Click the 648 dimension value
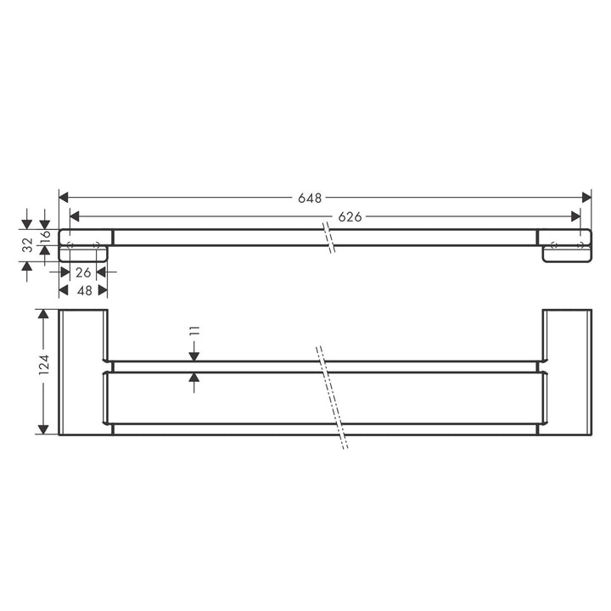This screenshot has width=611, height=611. point(310,198)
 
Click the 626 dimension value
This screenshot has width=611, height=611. point(350,216)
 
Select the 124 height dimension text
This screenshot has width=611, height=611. point(44,365)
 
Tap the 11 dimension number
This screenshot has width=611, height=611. point(195,331)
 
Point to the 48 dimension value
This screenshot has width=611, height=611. point(85,290)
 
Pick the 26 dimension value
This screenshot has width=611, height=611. point(83,272)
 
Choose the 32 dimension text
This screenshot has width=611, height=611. point(28,245)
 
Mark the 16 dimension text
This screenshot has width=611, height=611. point(46,234)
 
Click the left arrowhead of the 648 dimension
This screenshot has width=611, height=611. point(64,198)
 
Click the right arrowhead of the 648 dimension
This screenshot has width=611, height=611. point(586,198)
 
